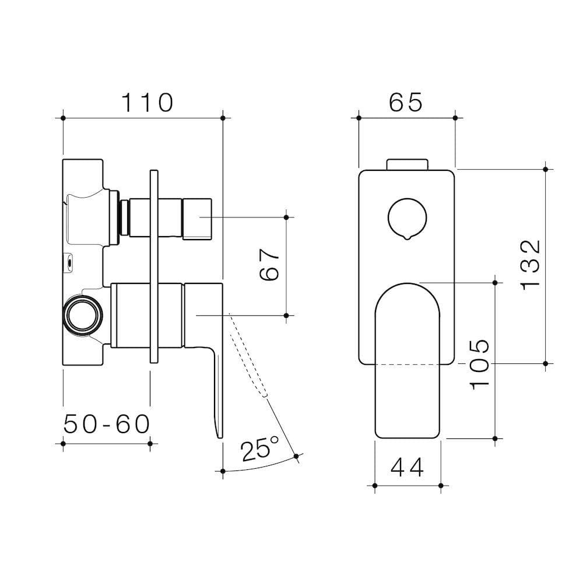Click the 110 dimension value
[147, 103]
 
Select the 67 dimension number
[269, 265]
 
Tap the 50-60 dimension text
[107, 424]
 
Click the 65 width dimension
[406, 103]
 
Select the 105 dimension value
[479, 364]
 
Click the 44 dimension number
[408, 466]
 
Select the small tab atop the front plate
[407, 164]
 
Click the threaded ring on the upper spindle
[123, 217]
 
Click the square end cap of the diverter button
[196, 218]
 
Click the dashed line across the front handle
[406, 364]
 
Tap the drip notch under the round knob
[406, 236]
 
